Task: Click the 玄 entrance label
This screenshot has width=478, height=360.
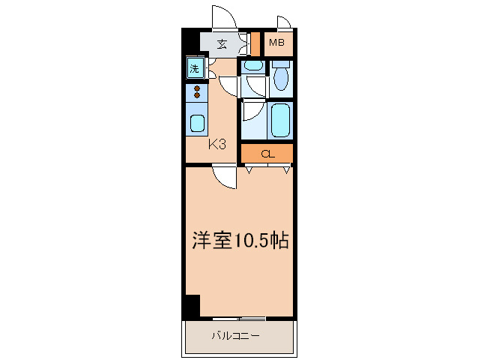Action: pos(222,43)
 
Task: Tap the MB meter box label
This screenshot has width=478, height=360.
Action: pos(277,43)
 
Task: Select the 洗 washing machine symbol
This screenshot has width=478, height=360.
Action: pos(195,69)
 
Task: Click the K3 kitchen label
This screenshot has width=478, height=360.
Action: pos(217,144)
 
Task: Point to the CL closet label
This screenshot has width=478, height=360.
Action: pos(267,154)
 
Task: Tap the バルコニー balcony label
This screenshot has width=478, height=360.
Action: pos(235,336)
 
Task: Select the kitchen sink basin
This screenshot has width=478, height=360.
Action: pos(197,123)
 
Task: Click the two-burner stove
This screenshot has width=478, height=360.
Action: pos(197,92)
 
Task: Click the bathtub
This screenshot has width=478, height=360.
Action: pos(281,120)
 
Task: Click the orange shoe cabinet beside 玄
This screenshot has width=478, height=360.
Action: pos(255,43)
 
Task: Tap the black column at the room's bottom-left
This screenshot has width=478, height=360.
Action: pos(192,306)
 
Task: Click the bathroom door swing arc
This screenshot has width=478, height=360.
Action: pos(252,111)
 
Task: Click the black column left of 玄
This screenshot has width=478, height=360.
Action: pos(191,43)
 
